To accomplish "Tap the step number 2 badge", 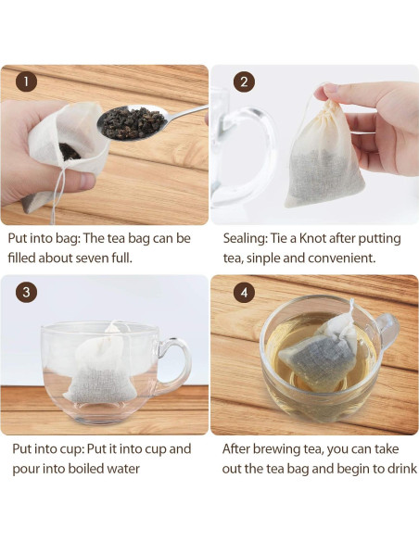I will point(245,82).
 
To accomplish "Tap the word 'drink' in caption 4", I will point(398,468).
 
